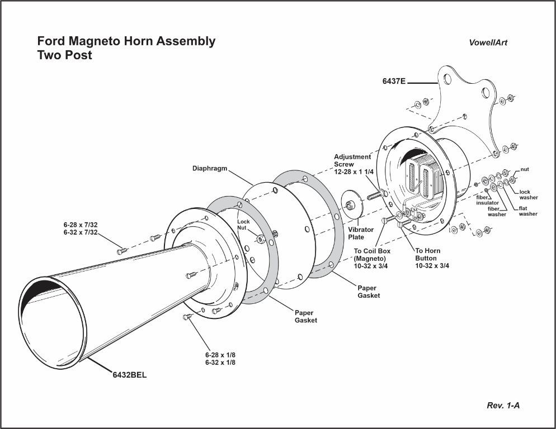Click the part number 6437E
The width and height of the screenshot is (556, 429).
pos(394,82)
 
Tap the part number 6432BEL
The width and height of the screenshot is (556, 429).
pos(130,375)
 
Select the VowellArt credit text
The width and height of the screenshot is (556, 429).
pos(488,43)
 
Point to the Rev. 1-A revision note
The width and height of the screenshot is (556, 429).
pos(503,405)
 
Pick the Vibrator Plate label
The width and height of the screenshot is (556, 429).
pos(361,233)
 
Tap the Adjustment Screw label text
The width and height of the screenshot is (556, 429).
pos(352,164)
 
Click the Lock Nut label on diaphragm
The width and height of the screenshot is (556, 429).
pos(243,218)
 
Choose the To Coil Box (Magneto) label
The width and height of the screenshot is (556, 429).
pos(373,258)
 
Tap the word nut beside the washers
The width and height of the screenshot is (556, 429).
pos(525,169)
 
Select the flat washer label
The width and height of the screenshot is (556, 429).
pos(528,211)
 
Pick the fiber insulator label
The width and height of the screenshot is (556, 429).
pos(488,200)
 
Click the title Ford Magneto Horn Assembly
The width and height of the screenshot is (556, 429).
pos(126,41)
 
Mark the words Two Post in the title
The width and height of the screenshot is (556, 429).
pos(64,55)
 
